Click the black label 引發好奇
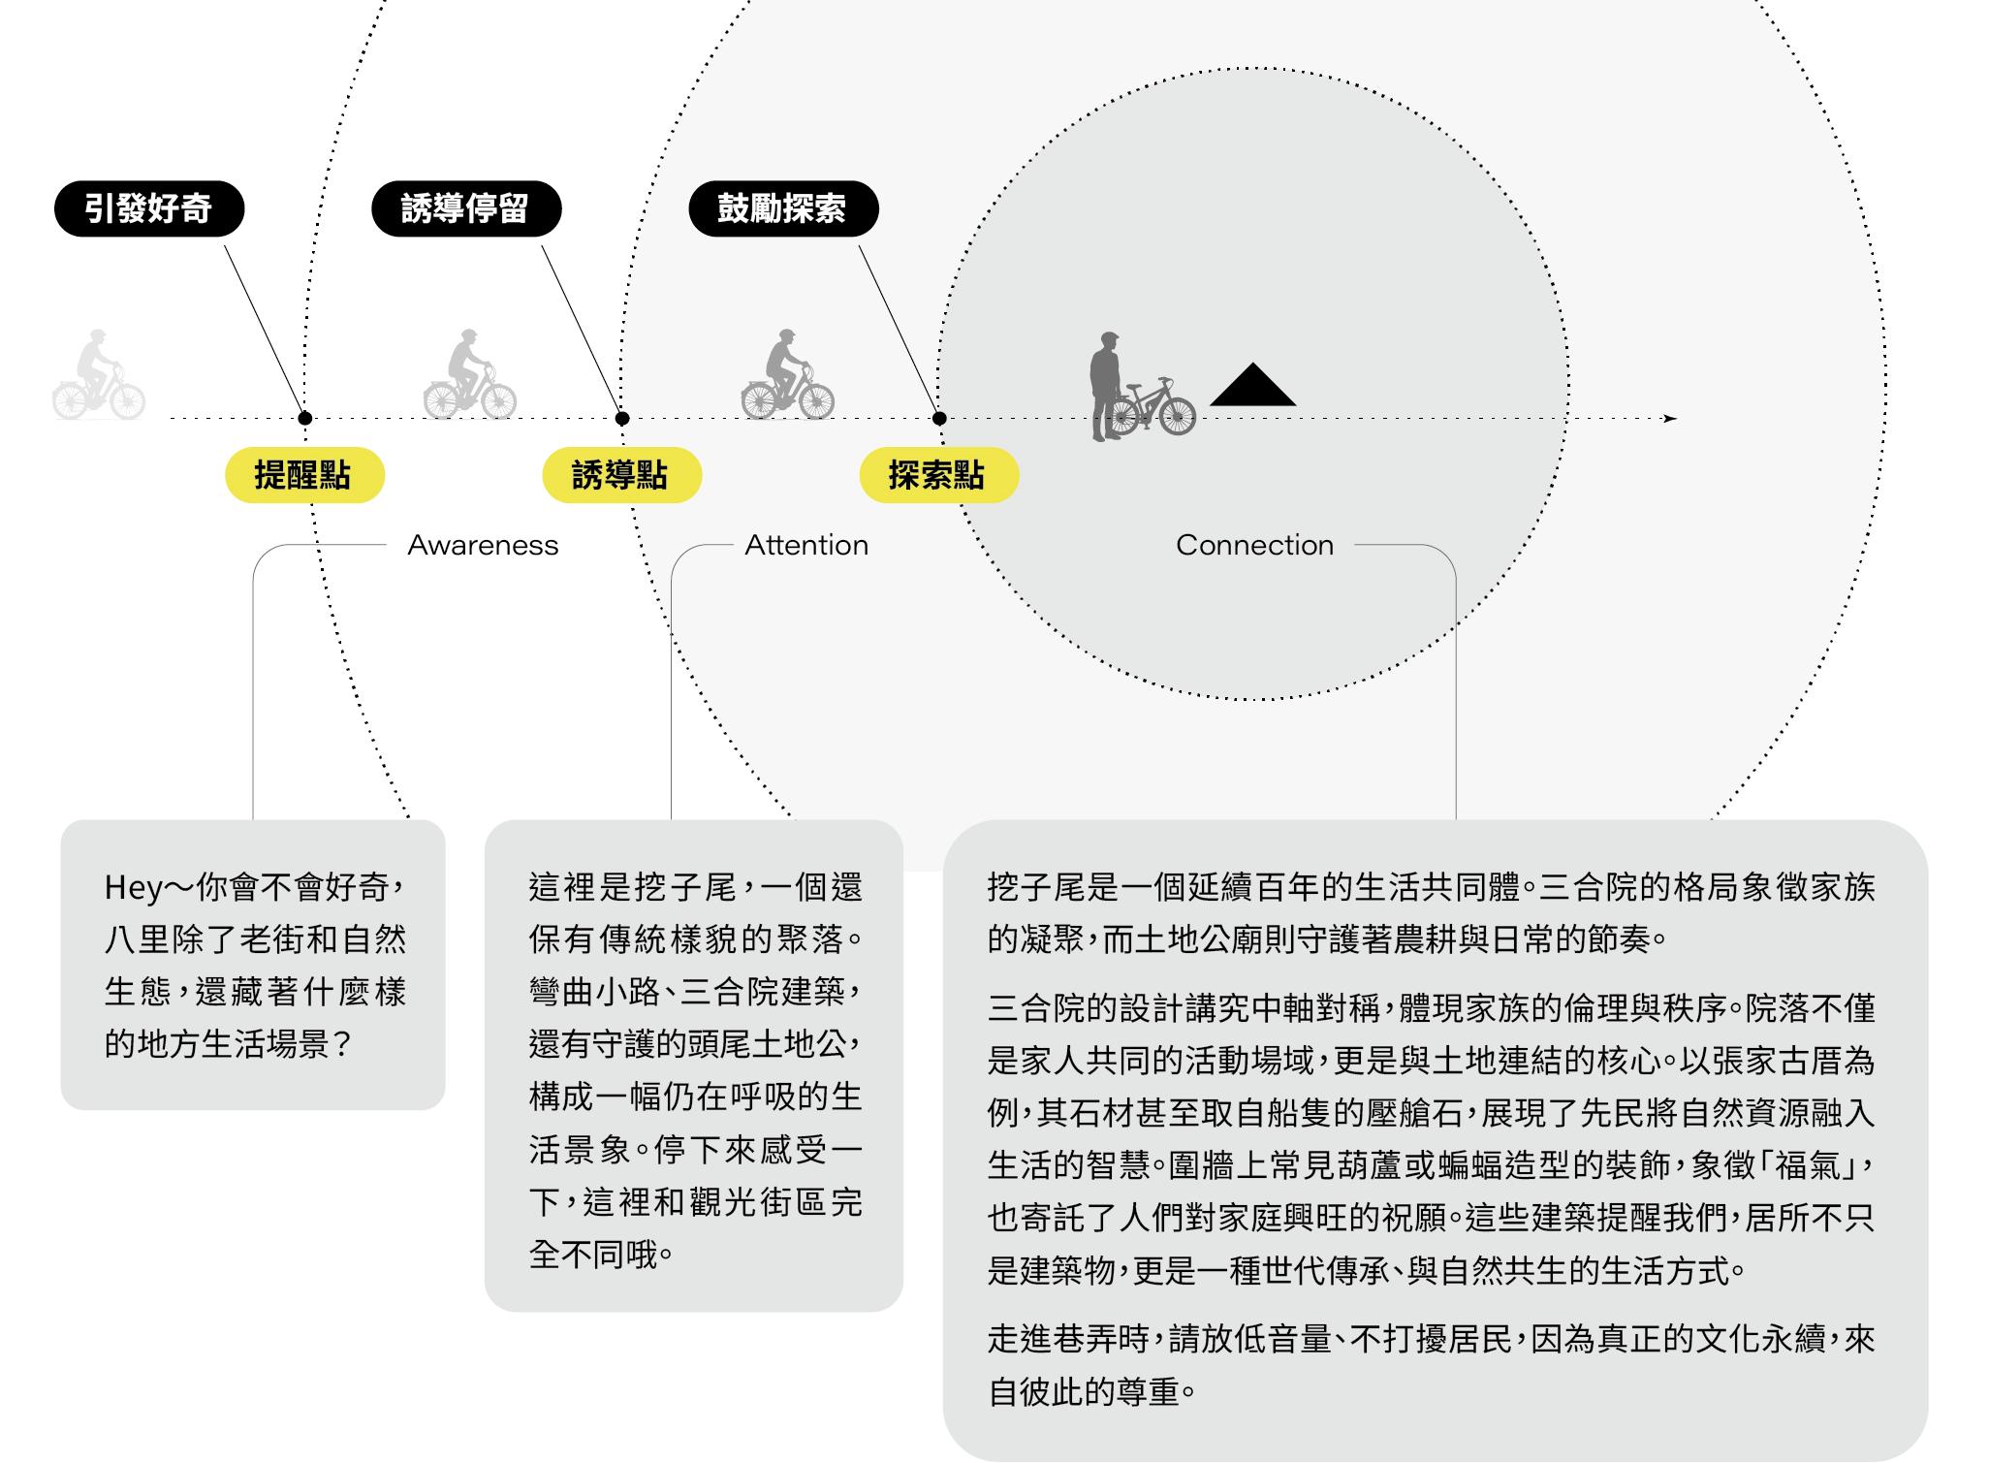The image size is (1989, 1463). coord(148,208)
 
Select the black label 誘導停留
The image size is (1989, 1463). coord(465,208)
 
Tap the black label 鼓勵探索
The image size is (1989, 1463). coord(782,208)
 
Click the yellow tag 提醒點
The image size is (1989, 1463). coord(304,475)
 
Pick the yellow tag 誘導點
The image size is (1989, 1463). coord(620,475)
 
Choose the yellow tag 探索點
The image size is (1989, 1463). coord(938,475)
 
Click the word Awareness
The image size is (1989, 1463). coord(483,545)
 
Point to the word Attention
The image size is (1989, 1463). coord(805,545)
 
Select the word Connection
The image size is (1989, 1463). coord(1254,545)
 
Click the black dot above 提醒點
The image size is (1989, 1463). coord(305,419)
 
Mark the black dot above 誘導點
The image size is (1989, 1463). coord(622,419)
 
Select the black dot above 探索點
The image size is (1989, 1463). coord(939,419)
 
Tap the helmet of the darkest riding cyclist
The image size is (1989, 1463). coord(786,334)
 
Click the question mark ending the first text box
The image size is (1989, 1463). coord(340,1045)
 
